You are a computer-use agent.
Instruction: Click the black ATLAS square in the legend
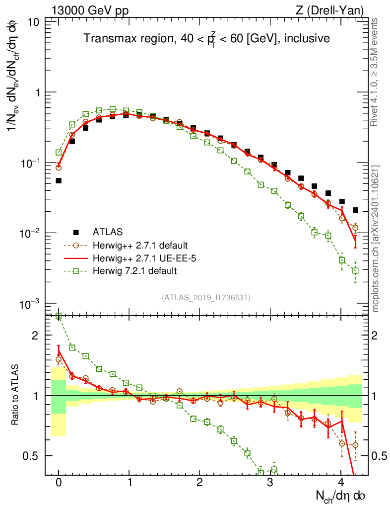tap(76, 232)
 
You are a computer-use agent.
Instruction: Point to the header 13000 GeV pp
tap(89, 10)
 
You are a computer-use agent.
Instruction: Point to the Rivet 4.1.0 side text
tap(376, 72)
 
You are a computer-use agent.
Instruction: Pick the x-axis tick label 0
tap(59, 482)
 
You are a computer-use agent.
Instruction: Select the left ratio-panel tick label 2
tap(35, 336)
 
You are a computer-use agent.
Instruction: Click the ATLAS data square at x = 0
tap(59, 180)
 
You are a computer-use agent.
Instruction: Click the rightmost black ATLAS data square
tap(355, 210)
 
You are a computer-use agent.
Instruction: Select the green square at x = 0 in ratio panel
tap(59, 316)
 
